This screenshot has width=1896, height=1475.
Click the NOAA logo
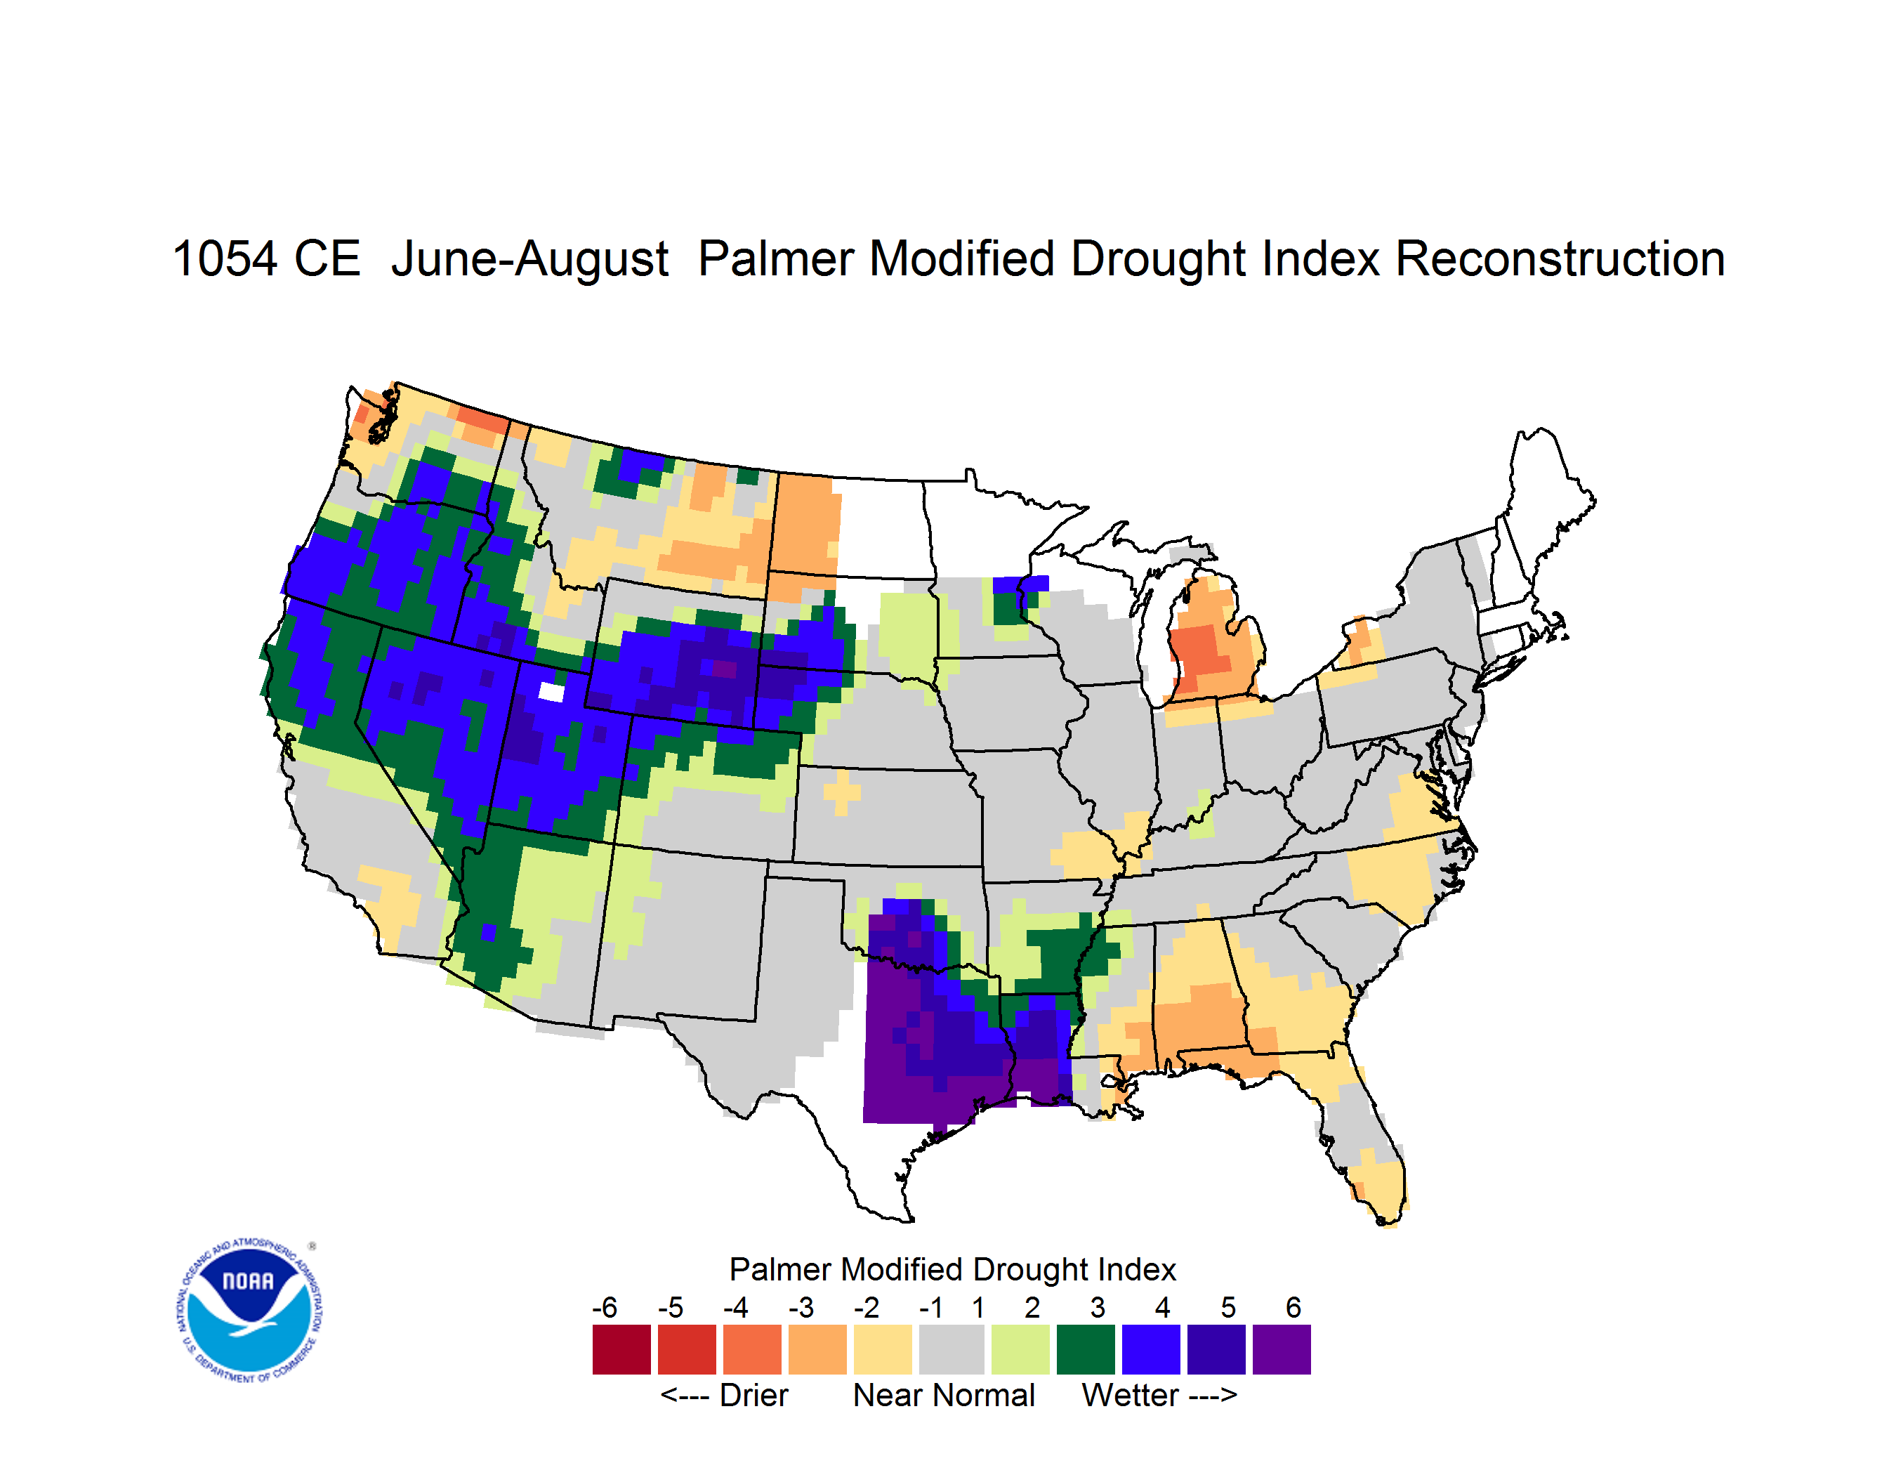coord(249,1310)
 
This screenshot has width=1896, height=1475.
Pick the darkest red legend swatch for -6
coord(621,1349)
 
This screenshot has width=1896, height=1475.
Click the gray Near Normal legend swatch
coord(952,1349)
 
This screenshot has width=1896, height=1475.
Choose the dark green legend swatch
coord(1085,1349)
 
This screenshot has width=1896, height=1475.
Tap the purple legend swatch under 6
coord(1282,1349)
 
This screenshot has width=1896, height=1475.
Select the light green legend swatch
coord(1020,1349)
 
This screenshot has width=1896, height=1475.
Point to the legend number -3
coord(801,1306)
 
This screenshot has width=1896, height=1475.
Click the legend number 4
coord(1162,1306)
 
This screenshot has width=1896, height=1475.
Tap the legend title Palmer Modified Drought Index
coord(952,1269)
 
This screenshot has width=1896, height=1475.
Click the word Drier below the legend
coord(753,1395)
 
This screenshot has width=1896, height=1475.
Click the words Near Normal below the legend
coord(944,1395)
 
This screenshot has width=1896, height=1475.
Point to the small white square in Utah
coord(551,691)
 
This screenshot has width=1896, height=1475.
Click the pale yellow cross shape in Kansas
coord(841,792)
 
